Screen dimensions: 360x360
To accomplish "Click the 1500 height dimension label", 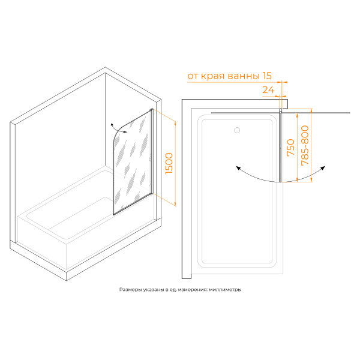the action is (x=169, y=163).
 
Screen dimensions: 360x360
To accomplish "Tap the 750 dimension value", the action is (x=290, y=148).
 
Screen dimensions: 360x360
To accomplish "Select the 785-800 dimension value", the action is (x=305, y=145).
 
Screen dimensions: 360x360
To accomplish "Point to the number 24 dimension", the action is (x=268, y=90).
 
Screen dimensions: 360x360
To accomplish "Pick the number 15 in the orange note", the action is (x=266, y=76).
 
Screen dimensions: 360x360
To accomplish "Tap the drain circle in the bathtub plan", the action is (x=237, y=130).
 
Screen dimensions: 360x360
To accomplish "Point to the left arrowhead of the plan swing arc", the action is (x=238, y=168).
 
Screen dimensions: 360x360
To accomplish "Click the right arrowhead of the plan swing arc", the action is (x=323, y=168).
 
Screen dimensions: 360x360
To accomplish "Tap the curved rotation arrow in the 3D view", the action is (x=118, y=128).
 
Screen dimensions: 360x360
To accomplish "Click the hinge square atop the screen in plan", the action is (x=280, y=110).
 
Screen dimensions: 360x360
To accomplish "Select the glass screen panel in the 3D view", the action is (x=132, y=162).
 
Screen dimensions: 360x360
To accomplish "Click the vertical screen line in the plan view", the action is (x=280, y=147).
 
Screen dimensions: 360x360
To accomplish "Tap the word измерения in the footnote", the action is (x=193, y=290).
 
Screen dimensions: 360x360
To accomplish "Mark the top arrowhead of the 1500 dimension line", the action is (x=175, y=123).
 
